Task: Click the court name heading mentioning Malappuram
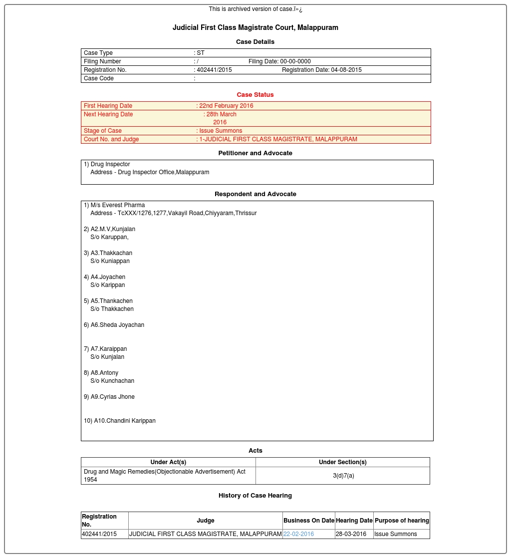pyautogui.click(x=255, y=27)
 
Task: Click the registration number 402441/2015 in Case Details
pyautogui.click(x=214, y=70)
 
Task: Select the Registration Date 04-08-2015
pyautogui.click(x=322, y=70)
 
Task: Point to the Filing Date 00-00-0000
pyautogui.click(x=279, y=61)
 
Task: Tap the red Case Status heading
pyautogui.click(x=255, y=95)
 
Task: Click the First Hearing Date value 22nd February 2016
pyautogui.click(x=226, y=106)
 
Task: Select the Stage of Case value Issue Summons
pyautogui.click(x=221, y=131)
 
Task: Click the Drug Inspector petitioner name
pyautogui.click(x=110, y=164)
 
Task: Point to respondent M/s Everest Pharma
pyautogui.click(x=118, y=205)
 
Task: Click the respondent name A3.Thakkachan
pyautogui.click(x=111, y=253)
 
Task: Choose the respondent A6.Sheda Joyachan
pyautogui.click(x=117, y=325)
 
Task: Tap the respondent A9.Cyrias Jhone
pyautogui.click(x=112, y=397)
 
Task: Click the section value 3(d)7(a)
pyautogui.click(x=343, y=476)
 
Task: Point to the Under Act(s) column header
pyautogui.click(x=168, y=462)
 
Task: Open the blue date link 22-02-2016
pyautogui.click(x=298, y=534)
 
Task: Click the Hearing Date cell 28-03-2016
pyautogui.click(x=351, y=534)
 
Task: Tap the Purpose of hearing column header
pyautogui.click(x=402, y=521)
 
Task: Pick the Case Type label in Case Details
pyautogui.click(x=98, y=53)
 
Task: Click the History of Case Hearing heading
pyautogui.click(x=255, y=496)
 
